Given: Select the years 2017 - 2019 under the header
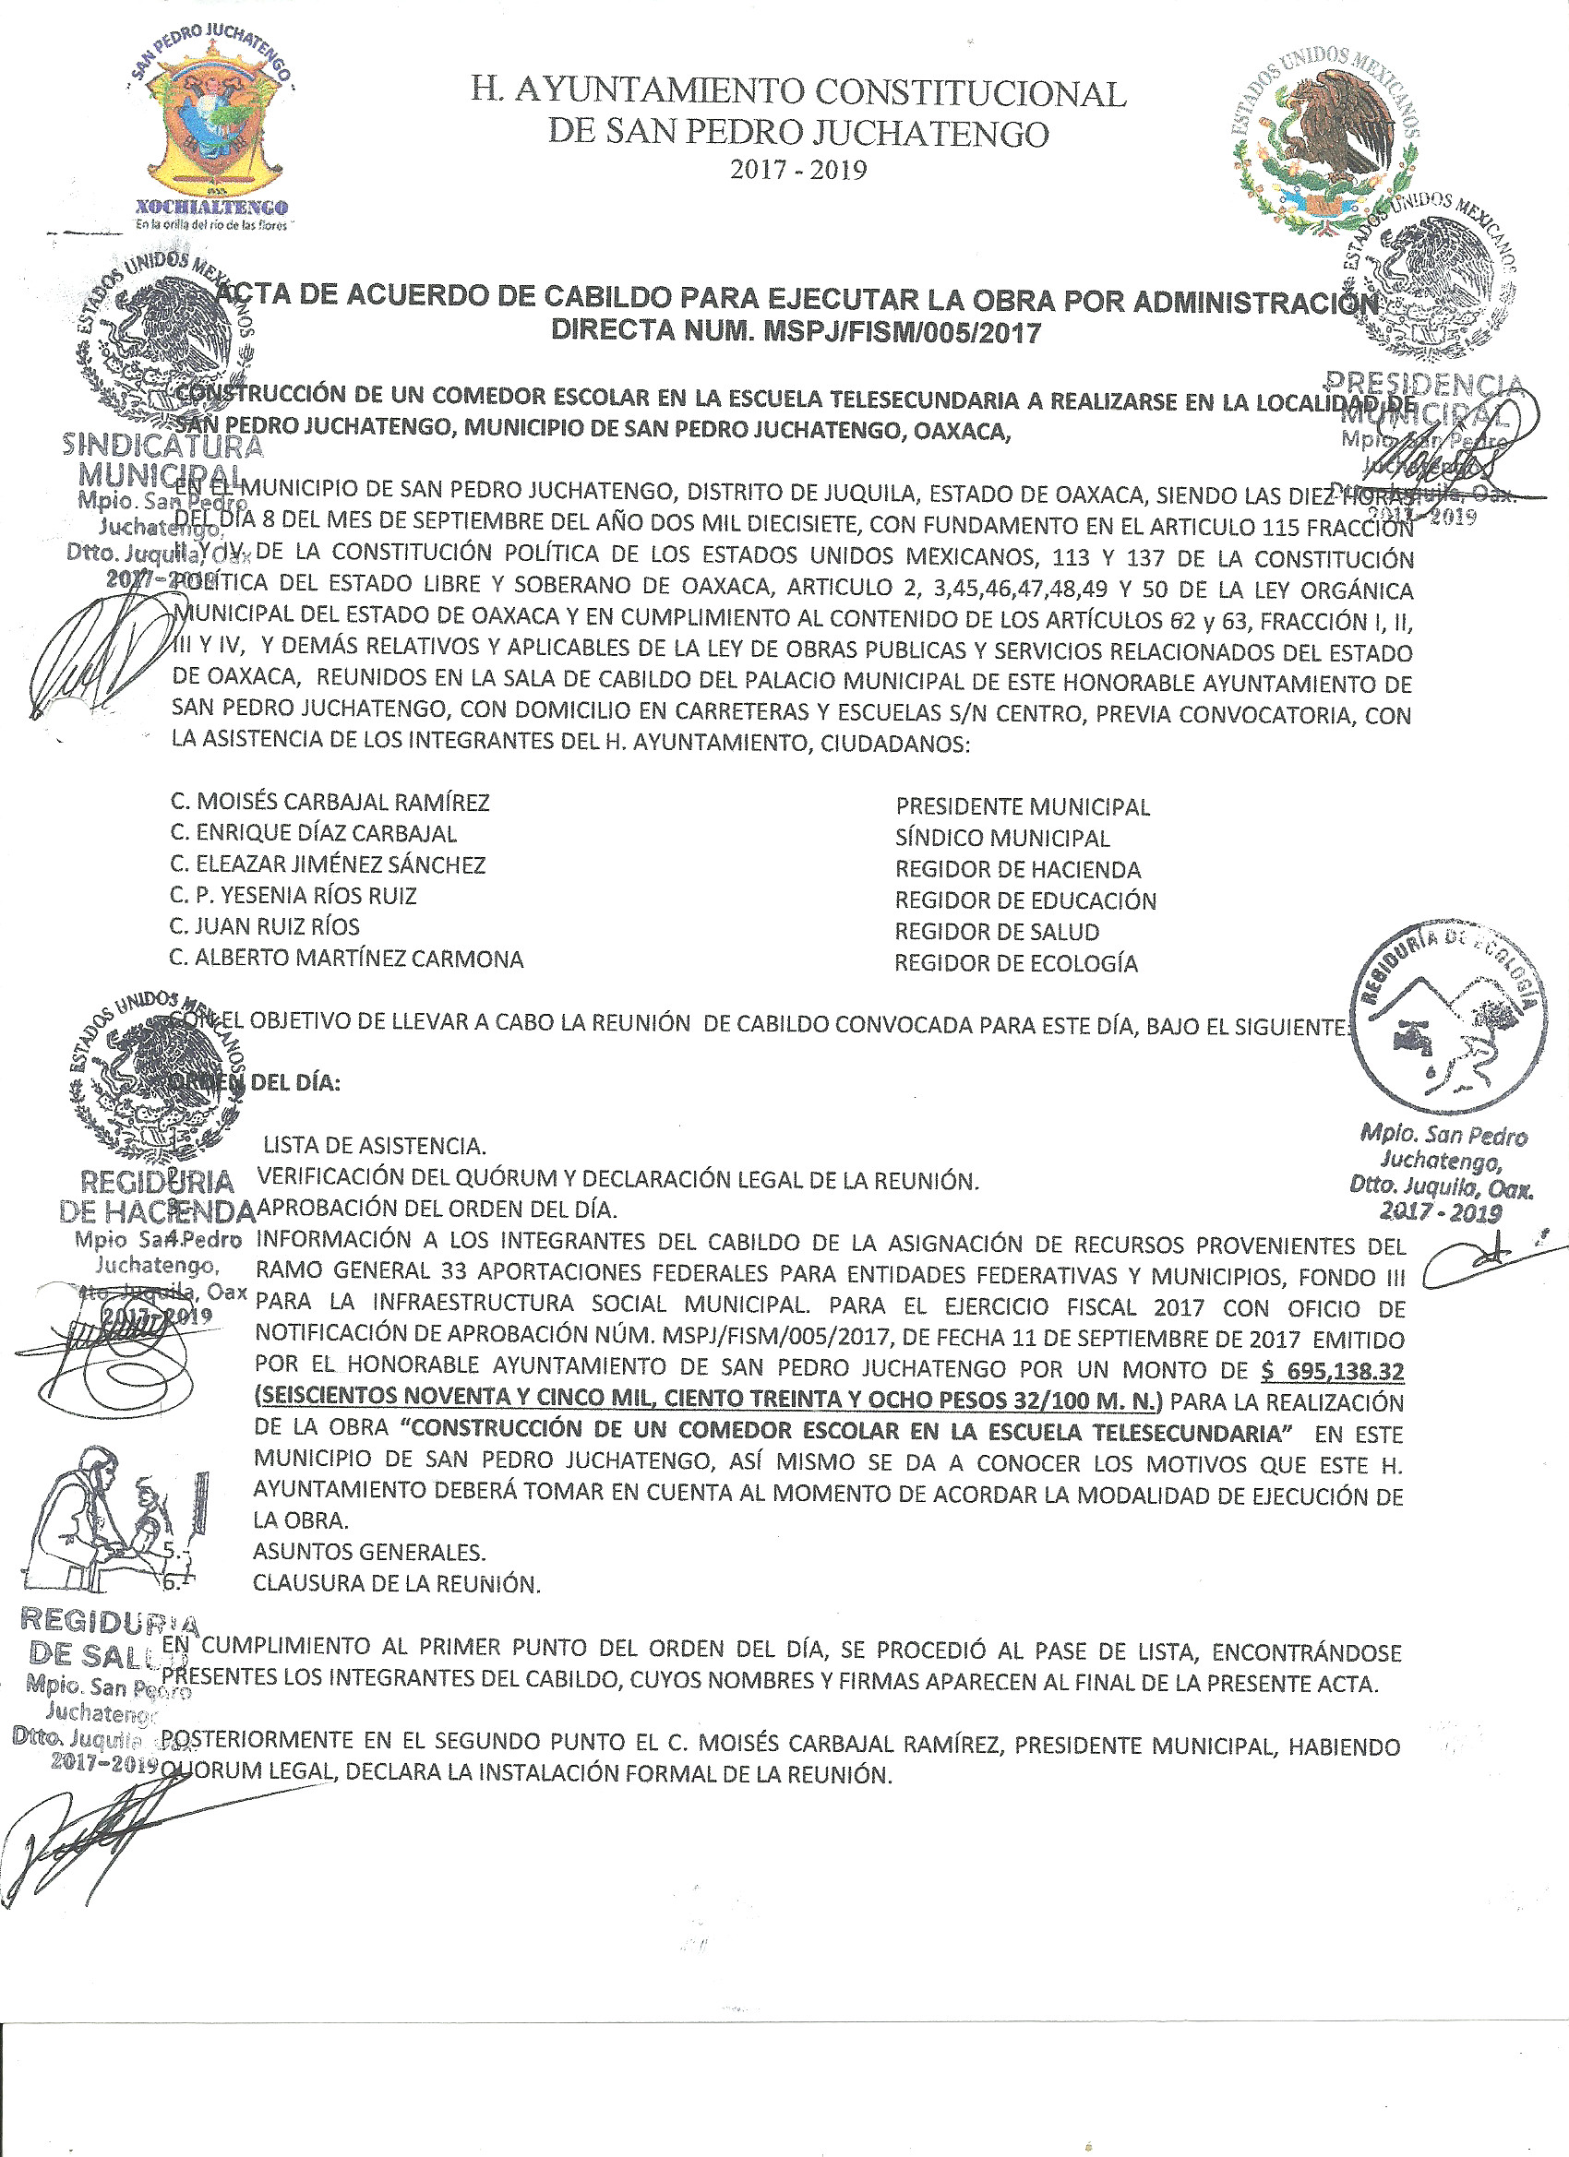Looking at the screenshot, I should click(798, 172).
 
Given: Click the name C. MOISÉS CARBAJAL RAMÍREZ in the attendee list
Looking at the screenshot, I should click(329, 803).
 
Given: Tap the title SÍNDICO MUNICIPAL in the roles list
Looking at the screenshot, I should click(1002, 839).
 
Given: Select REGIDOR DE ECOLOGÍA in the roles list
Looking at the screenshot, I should click(1015, 963).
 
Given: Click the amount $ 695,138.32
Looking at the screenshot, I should click(1330, 1370).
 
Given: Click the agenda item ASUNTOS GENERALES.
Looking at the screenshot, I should click(369, 1552).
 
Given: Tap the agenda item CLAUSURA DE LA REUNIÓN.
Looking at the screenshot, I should click(396, 1583).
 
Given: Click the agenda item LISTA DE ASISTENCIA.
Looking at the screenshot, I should click(375, 1145).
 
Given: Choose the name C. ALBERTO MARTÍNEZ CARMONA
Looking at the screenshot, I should click(346, 959).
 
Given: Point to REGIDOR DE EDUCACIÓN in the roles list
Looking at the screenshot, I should click(1024, 900).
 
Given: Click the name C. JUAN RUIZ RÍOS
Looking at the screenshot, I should click(265, 927).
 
